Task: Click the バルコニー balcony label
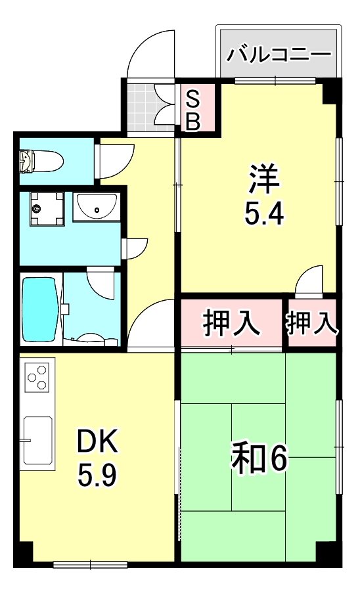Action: pos(279,54)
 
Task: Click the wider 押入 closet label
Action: pos(232,324)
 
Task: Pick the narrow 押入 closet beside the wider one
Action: pos(311,323)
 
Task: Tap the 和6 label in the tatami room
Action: pos(259,458)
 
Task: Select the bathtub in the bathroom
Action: pos(39,309)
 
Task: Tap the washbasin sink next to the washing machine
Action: pos(96,208)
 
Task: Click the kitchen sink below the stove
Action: pos(37,439)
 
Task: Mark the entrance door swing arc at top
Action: pos(151,56)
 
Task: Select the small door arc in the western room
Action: pos(309,282)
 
